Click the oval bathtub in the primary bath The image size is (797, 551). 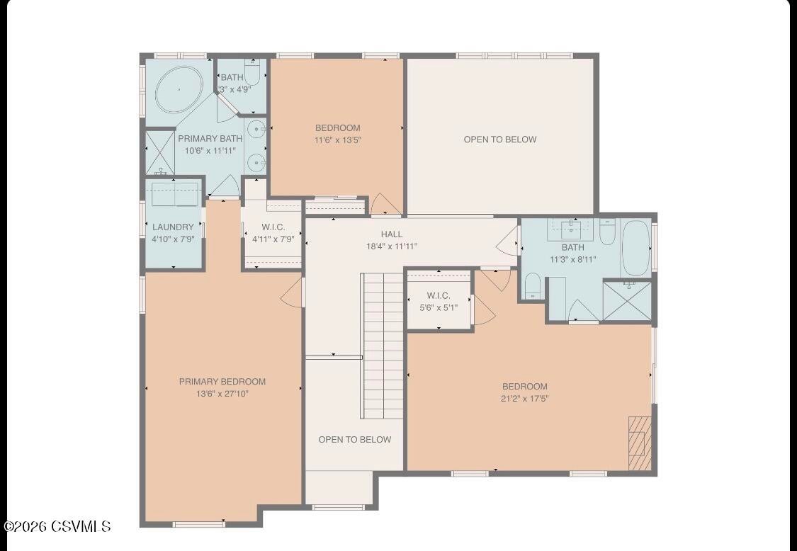point(179,90)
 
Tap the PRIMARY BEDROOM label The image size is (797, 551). point(222,382)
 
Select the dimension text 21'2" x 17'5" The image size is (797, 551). point(525,399)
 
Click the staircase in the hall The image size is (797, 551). point(383,346)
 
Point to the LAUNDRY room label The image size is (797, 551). point(173,227)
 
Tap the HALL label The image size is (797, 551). point(392,234)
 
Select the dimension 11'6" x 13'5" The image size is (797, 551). point(338,140)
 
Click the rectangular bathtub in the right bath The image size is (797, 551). point(635,248)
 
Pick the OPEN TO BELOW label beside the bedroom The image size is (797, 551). point(500,140)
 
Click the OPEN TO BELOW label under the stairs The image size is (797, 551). point(354,440)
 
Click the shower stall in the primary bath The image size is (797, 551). point(160,152)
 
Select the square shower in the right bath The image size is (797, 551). point(626,301)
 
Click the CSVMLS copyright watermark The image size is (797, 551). point(57,526)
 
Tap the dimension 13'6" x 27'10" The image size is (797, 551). point(222,394)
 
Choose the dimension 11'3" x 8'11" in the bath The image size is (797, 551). point(573,259)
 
